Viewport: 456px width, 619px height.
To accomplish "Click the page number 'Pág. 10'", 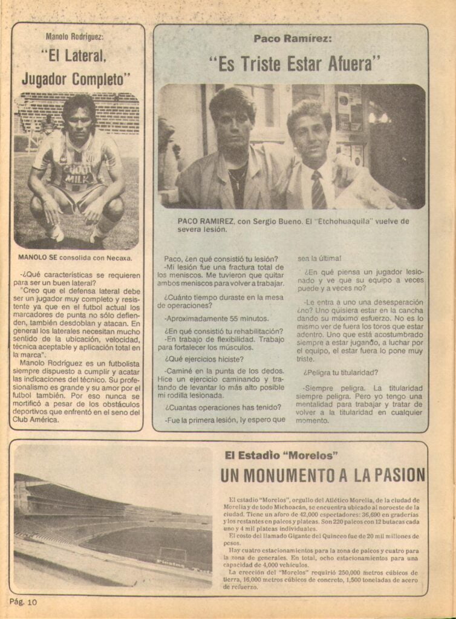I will tap(24, 601).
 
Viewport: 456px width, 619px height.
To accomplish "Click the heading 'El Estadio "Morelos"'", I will tap(281, 455).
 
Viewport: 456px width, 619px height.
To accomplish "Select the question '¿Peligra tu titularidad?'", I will tap(341, 372).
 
